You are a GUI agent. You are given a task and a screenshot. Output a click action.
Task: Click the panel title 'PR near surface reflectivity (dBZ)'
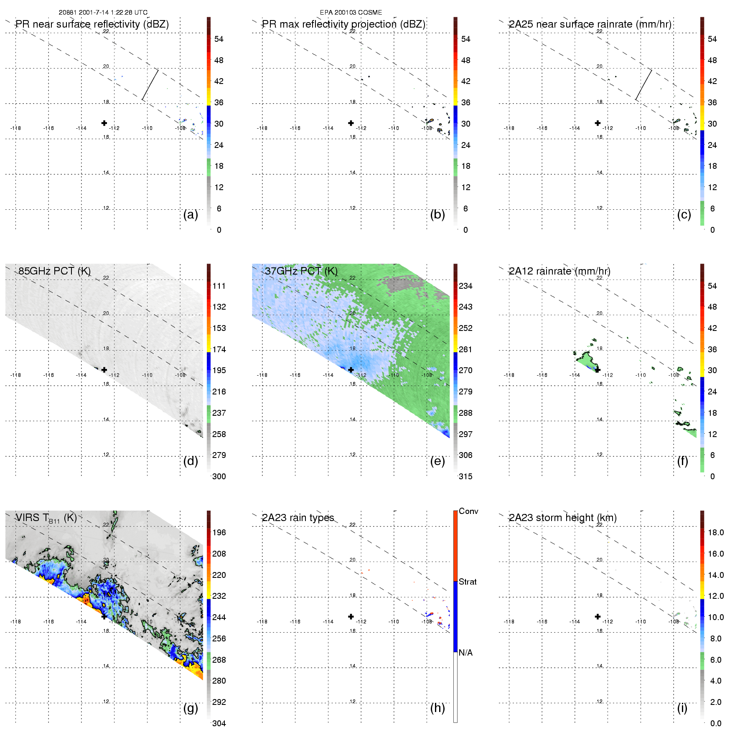tap(92, 24)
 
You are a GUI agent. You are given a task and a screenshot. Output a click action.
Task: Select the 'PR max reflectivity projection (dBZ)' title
tap(343, 24)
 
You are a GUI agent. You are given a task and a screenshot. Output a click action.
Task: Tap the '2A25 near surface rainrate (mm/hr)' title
tap(590, 24)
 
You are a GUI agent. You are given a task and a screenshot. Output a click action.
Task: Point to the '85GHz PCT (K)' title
tap(54, 271)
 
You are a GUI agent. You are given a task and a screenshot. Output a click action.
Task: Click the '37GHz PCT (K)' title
tap(301, 271)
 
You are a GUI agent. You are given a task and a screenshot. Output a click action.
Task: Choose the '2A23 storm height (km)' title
tap(562, 518)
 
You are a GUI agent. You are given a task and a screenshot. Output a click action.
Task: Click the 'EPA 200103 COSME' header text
tap(351, 13)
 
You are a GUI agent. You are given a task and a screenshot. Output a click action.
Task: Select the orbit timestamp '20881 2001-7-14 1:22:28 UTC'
tap(103, 13)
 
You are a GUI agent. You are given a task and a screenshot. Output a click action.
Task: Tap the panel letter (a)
tap(191, 214)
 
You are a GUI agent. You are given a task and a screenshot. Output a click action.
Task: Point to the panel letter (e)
tap(437, 461)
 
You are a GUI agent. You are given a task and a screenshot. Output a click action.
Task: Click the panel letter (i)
tap(682, 708)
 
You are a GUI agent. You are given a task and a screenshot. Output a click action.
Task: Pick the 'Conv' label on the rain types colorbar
tap(468, 511)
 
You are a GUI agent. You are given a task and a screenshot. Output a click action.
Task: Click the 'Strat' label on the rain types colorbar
tap(468, 582)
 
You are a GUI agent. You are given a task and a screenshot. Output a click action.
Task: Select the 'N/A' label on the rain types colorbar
tap(465, 653)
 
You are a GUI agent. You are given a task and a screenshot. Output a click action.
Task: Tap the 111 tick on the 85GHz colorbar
tap(219, 286)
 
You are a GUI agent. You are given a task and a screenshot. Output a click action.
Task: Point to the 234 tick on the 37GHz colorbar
tap(465, 286)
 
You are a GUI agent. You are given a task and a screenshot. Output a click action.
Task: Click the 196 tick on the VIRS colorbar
tap(219, 532)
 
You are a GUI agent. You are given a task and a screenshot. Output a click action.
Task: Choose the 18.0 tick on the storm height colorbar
tap(715, 532)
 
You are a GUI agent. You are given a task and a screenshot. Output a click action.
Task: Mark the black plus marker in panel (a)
tap(104, 123)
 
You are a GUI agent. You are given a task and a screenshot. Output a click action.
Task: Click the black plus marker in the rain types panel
tap(351, 616)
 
